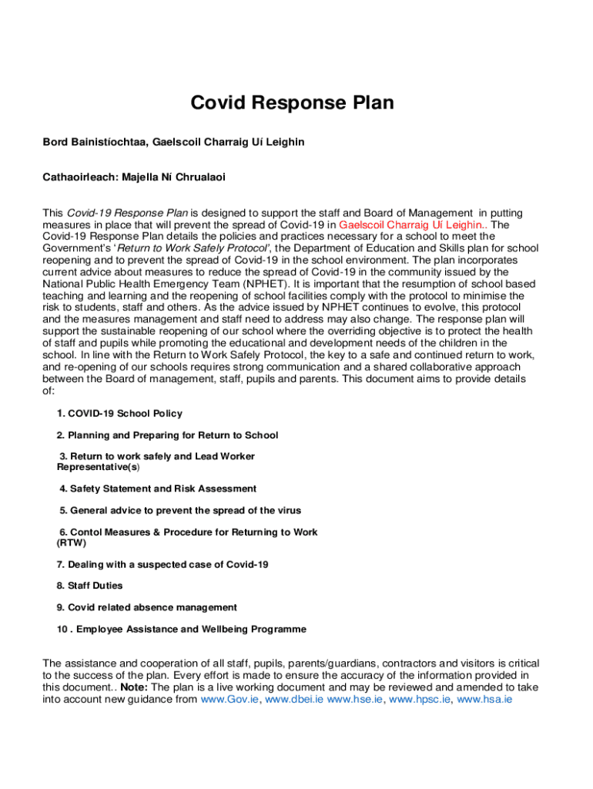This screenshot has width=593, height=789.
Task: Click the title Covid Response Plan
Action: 292,103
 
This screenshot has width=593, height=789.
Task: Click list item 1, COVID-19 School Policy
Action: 119,414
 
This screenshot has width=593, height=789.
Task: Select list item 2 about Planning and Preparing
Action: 167,435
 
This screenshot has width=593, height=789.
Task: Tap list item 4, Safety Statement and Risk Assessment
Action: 158,489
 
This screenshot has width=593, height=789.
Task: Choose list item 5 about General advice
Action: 180,510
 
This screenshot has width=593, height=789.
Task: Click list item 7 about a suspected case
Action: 162,565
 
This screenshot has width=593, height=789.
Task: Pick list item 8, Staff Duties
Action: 89,586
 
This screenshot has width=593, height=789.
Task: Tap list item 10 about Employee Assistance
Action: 181,630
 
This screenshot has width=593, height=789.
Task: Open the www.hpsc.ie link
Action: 420,700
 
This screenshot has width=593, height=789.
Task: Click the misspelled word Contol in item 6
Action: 85,532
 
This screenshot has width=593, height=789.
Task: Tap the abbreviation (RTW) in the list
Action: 72,542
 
